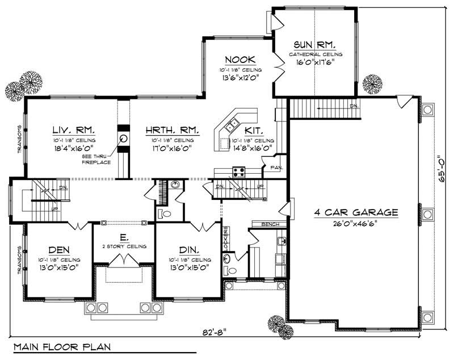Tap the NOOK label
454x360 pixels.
click(240, 60)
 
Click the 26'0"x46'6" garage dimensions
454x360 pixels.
click(356, 223)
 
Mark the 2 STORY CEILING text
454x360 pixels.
click(124, 246)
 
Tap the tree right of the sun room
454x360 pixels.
click(372, 83)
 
